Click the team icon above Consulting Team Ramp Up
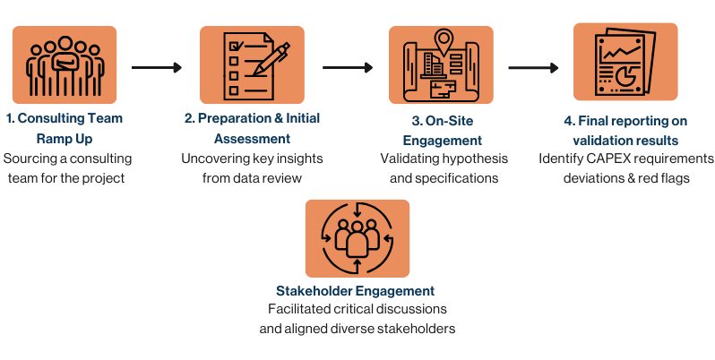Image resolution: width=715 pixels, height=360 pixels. pyautogui.click(x=65, y=65)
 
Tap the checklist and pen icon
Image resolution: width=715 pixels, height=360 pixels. pyautogui.click(x=252, y=65)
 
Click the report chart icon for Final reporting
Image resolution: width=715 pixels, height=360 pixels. pyautogui.click(x=625, y=62)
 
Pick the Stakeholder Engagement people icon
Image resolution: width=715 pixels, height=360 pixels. pyautogui.click(x=357, y=237)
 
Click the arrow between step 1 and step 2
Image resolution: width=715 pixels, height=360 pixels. pyautogui.click(x=157, y=67)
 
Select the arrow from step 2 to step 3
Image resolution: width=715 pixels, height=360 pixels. pyautogui.click(x=348, y=67)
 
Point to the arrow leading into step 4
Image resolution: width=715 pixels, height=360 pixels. pyautogui.click(x=534, y=67)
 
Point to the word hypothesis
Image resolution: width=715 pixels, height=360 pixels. pyautogui.click(x=474, y=159)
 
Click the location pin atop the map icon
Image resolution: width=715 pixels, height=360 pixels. pyautogui.click(x=441, y=39)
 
